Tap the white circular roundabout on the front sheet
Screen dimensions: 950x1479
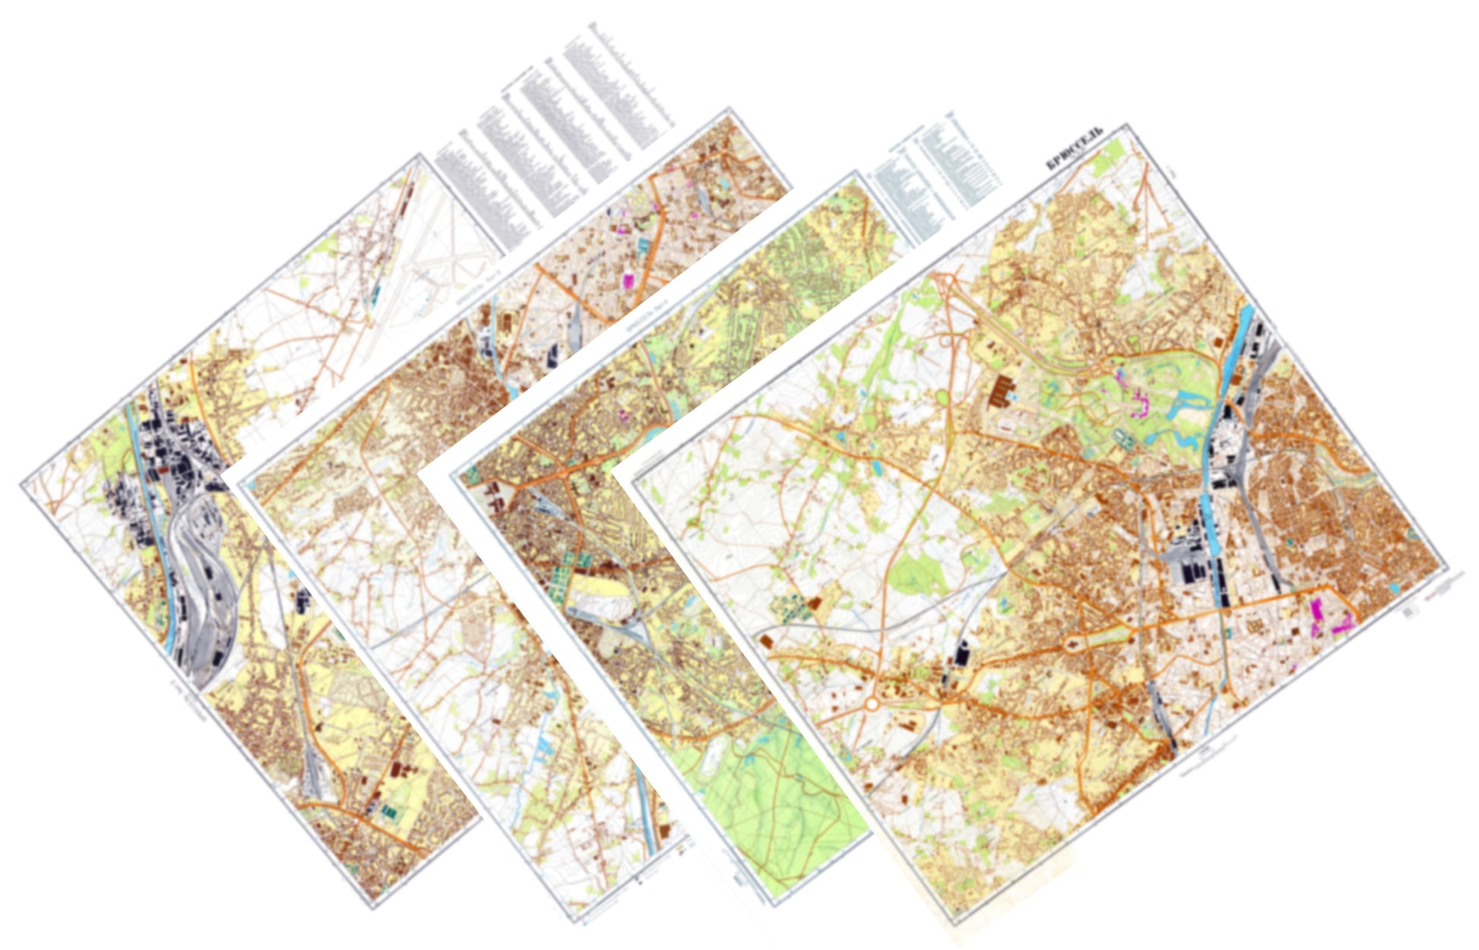click(x=871, y=705)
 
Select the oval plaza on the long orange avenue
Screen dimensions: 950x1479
click(x=1072, y=647)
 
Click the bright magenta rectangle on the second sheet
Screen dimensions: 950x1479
click(x=628, y=280)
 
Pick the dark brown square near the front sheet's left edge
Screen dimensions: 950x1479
click(x=767, y=641)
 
